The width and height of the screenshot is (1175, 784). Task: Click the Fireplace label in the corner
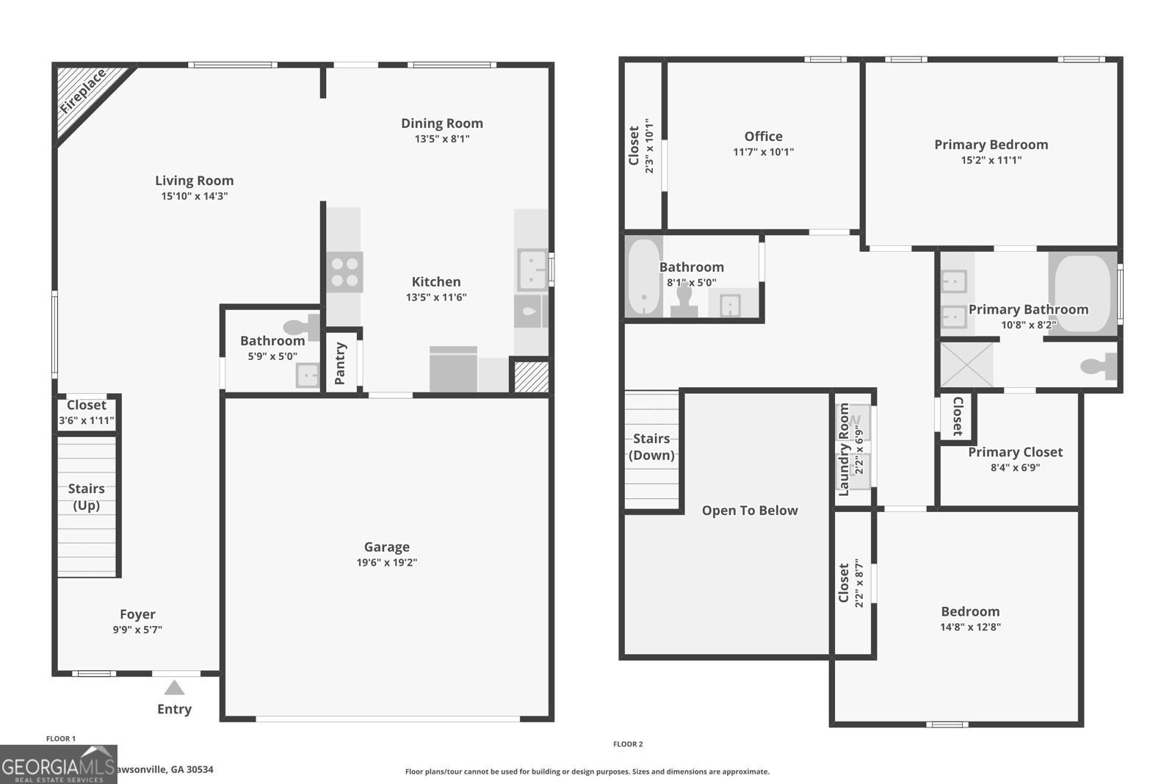click(83, 92)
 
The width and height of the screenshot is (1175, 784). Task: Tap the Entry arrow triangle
click(174, 688)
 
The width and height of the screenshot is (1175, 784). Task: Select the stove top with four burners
click(344, 272)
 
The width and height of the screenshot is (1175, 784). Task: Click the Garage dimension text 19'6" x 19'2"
click(386, 563)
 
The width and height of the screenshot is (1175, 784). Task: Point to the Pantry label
click(340, 363)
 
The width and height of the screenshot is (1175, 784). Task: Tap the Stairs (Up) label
click(86, 497)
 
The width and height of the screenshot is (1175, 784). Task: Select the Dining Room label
click(441, 123)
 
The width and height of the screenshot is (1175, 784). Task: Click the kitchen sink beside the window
click(531, 269)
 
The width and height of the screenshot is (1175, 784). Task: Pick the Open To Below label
click(749, 511)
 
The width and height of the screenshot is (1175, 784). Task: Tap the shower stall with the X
click(966, 364)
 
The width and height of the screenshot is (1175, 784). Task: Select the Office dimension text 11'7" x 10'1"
click(763, 152)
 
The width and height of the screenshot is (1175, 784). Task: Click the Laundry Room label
click(844, 449)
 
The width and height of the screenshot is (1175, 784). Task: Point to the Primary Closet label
click(1015, 452)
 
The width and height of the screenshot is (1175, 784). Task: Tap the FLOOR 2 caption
click(628, 744)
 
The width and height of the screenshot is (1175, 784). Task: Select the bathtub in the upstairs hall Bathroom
click(644, 277)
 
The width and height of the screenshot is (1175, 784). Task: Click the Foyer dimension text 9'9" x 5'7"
click(137, 630)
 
